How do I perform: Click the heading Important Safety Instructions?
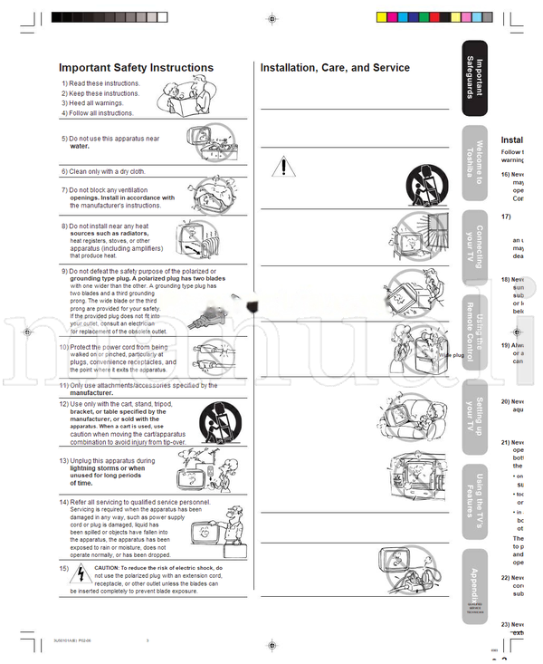(x=136, y=68)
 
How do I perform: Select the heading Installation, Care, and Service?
(x=335, y=68)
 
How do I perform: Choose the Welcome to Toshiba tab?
(x=475, y=163)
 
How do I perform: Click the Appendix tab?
(x=475, y=580)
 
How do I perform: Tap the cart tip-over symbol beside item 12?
(x=214, y=421)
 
